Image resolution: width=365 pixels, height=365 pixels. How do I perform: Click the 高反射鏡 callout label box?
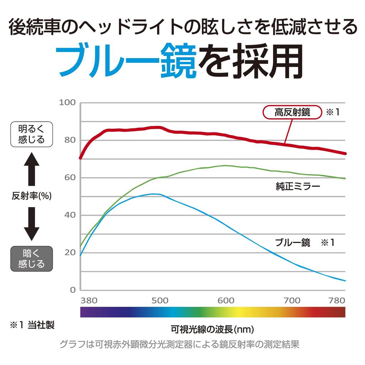point(292,113)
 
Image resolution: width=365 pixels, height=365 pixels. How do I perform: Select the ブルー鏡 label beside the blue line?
point(293,243)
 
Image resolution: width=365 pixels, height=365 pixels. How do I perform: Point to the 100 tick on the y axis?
point(67,103)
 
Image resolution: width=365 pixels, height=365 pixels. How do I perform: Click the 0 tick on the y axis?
point(73,290)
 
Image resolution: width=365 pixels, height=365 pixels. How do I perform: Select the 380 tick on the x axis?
point(89,301)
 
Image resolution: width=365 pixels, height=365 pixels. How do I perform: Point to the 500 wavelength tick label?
point(160,301)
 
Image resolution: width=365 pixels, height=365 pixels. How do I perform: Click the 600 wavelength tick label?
point(226,301)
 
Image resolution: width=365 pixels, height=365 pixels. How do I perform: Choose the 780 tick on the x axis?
point(337,301)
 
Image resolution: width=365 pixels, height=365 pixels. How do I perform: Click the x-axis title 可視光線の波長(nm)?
point(212,328)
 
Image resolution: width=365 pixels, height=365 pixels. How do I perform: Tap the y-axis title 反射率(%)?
point(32,196)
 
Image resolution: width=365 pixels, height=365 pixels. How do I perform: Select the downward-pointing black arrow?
point(32,223)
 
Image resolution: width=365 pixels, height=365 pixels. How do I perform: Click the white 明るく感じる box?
point(31,134)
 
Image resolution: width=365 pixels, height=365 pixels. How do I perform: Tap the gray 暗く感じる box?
point(31,259)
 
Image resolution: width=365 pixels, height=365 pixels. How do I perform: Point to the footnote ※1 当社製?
point(32,325)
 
